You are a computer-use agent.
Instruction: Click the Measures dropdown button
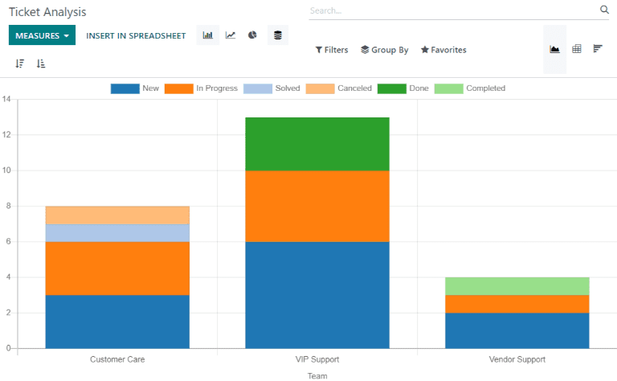coord(41,35)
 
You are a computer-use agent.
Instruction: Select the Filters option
coord(332,50)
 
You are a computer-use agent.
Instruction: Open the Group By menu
coord(385,50)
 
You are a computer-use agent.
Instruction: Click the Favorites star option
coord(443,50)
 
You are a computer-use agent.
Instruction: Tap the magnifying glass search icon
coord(604,10)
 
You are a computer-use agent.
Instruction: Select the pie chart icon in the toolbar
coord(252,35)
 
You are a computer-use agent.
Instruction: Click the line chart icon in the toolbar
coord(231,35)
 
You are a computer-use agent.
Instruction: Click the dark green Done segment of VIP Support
coord(317,144)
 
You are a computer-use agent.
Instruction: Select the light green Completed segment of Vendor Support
coord(517,286)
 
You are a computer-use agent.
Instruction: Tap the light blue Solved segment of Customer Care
coord(117,233)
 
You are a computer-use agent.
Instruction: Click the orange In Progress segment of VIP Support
coord(317,206)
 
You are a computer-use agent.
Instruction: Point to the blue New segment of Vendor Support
coord(517,330)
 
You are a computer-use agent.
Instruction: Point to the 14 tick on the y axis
coord(6,100)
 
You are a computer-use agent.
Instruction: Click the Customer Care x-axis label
coord(117,359)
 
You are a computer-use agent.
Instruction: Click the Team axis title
coord(317,375)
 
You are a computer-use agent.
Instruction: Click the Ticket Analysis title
coord(47,13)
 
